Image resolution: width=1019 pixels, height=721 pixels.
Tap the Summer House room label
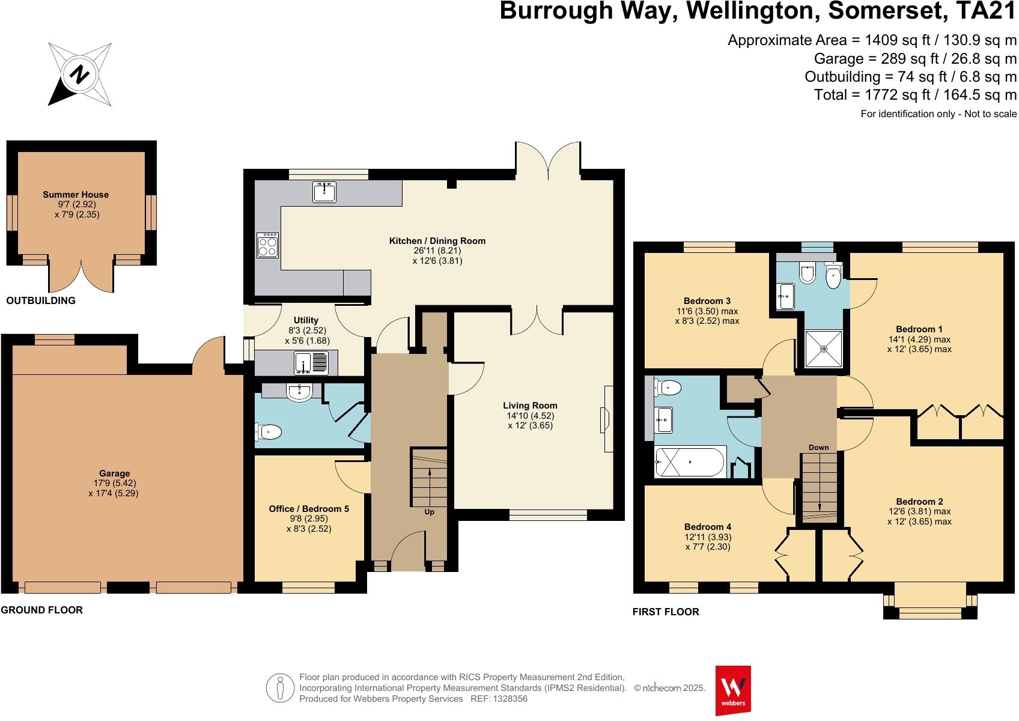(76, 195)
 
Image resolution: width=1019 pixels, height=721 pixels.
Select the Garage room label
(114, 473)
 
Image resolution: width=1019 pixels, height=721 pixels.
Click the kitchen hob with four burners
(267, 245)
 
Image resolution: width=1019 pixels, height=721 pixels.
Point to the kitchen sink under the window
(324, 192)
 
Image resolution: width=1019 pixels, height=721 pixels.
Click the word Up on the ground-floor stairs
(429, 512)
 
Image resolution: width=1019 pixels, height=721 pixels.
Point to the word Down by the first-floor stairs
(818, 447)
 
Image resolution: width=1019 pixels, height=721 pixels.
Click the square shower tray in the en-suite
(824, 348)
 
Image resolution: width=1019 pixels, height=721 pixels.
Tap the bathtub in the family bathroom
(691, 462)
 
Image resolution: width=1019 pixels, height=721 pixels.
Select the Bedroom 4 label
(707, 527)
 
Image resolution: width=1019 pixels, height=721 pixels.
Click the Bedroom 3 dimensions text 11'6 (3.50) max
(707, 311)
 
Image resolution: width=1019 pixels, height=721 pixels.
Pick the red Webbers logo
(733, 690)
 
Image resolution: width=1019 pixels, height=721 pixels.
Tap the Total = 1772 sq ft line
(915, 95)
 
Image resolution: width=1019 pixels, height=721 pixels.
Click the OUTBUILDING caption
(41, 300)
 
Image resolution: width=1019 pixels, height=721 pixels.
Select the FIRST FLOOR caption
(666, 612)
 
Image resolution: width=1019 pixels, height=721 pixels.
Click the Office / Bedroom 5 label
(309, 509)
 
